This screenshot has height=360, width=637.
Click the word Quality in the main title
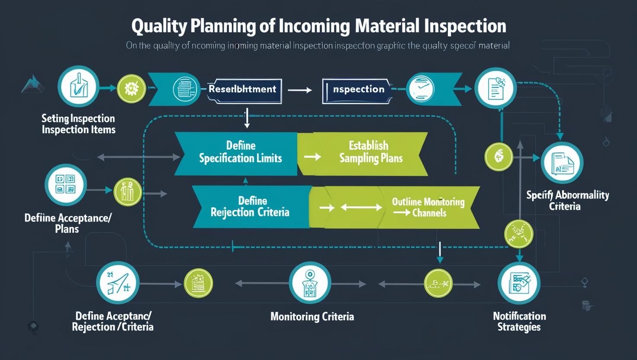[x=159, y=26]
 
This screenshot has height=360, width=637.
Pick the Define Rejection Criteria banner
[x=251, y=207]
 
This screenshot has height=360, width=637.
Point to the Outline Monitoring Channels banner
[x=428, y=207]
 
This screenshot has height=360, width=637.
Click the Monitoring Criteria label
[x=312, y=317]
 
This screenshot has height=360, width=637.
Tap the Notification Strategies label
[x=519, y=321]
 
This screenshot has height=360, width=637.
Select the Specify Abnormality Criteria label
[x=567, y=200]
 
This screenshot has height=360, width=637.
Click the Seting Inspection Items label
[x=78, y=124]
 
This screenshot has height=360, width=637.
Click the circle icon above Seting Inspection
[x=78, y=86]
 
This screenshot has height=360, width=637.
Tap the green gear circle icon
[x=132, y=89]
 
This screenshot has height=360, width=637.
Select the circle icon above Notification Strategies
[x=519, y=283]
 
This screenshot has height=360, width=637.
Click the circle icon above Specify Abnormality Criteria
[x=562, y=163]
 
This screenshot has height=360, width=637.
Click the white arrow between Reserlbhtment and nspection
[x=300, y=90]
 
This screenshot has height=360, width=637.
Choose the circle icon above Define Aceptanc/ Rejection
[x=118, y=283]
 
